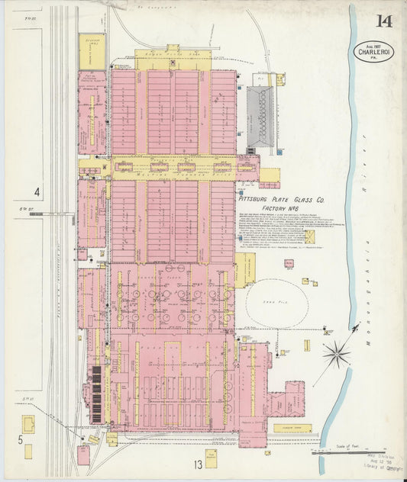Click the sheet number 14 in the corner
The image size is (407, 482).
point(383,21)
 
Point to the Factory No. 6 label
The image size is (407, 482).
point(284,207)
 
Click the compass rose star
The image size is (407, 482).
point(335,353)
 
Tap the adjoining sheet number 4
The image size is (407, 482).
point(36,191)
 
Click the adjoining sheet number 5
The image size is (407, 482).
point(20,440)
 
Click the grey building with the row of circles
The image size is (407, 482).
point(260,114)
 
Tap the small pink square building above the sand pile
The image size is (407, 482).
point(289,264)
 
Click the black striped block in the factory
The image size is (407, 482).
point(96,394)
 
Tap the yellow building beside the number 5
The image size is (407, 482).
point(28,423)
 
